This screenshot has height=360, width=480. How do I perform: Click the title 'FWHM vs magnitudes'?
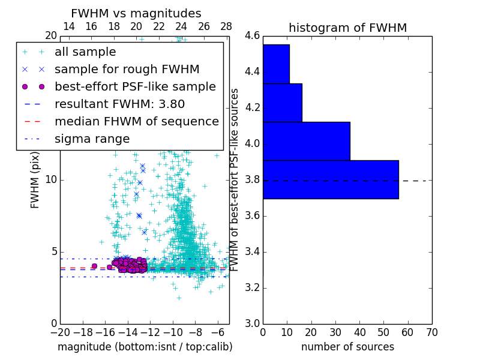136,13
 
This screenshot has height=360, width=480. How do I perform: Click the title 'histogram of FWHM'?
347,28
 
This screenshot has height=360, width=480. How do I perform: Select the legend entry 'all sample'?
85,52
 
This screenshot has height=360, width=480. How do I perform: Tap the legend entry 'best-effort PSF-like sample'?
135,86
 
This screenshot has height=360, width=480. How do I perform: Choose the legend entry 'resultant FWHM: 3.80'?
119,104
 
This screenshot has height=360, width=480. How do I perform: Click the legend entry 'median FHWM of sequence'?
136,121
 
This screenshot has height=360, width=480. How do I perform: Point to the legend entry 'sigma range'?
92,139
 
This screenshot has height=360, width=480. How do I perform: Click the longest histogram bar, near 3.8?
331,179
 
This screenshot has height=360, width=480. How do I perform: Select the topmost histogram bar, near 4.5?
276,64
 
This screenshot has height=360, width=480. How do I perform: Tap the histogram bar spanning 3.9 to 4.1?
306,141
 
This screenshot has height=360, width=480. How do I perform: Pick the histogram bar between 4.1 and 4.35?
282,103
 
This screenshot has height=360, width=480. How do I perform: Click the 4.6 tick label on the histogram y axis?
252,36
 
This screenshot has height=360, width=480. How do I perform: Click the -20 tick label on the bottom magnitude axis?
60,332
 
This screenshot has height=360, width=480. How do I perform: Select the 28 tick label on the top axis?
226,26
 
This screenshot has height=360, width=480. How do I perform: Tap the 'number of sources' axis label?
347,347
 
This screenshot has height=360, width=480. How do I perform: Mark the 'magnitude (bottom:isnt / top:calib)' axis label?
145,347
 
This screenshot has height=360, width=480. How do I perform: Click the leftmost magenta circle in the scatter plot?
94,266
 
